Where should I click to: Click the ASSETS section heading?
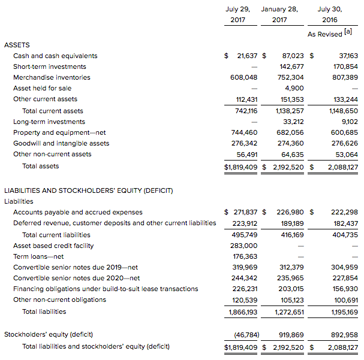[17, 45]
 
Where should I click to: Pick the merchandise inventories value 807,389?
[344, 77]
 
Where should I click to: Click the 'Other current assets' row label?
[45, 99]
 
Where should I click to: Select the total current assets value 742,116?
[243, 111]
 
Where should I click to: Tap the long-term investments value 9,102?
[348, 122]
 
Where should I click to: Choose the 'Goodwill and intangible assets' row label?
[61, 143]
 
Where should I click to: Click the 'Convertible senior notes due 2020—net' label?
[76, 278]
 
